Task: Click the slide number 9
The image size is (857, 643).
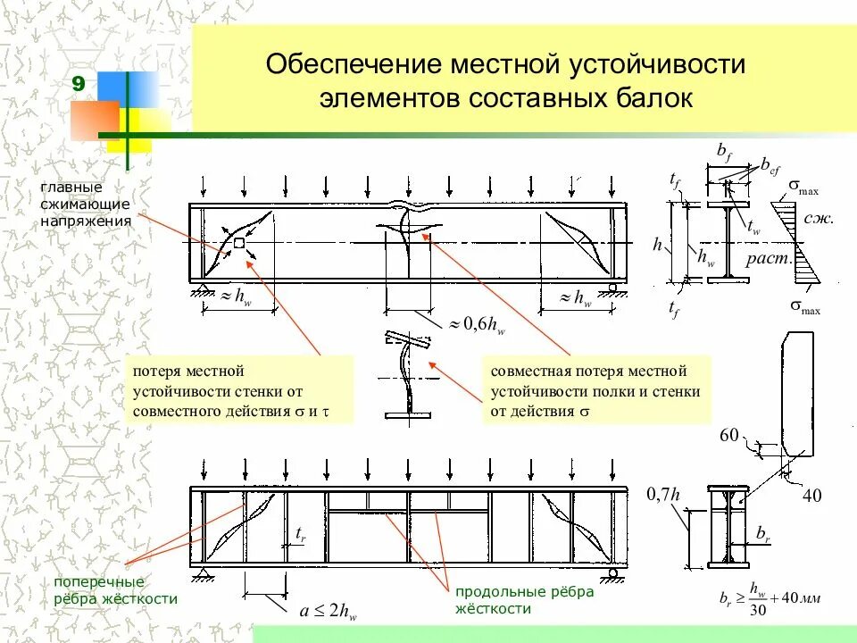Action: [79, 85]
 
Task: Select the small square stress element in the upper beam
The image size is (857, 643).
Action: [238, 243]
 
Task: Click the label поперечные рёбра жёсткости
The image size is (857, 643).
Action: [115, 590]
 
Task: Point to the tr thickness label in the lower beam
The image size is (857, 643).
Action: [302, 533]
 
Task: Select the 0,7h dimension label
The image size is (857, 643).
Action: [663, 494]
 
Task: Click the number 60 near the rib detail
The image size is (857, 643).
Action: [730, 435]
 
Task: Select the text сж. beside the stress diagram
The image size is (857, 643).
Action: [818, 217]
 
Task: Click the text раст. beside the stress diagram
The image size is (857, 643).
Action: [770, 259]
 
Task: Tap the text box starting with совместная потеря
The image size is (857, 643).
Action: [596, 391]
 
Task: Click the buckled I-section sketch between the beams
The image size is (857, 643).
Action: [409, 375]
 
